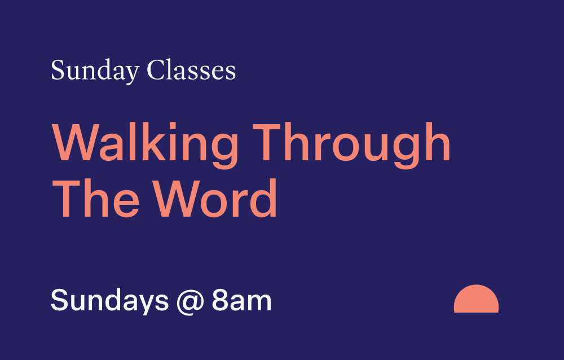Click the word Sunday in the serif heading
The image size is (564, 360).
(x=95, y=71)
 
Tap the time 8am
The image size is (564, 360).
(x=242, y=300)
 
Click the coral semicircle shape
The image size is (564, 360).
(x=476, y=301)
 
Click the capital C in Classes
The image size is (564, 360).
(x=155, y=71)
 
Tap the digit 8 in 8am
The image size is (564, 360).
(x=219, y=300)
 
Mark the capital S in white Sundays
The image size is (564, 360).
(x=59, y=300)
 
